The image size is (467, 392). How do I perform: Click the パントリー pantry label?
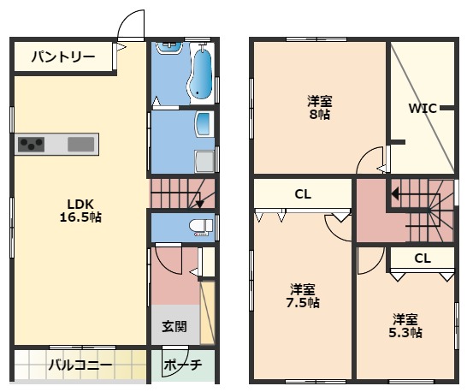click(x=64, y=57)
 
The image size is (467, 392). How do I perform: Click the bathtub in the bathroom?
click(x=203, y=73)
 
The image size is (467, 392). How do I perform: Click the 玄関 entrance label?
click(x=174, y=326)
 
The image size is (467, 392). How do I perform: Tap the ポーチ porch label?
click(x=182, y=365)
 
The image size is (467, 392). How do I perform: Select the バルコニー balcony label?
click(x=79, y=365)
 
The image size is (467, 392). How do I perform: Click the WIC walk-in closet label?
click(x=422, y=108)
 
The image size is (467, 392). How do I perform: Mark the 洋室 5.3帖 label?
click(x=406, y=326)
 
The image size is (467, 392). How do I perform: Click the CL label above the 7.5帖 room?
click(x=302, y=194)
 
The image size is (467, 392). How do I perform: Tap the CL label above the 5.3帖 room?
click(x=422, y=258)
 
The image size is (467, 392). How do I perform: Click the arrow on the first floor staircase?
click(x=198, y=203)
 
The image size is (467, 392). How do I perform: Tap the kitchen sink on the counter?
click(x=81, y=144)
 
